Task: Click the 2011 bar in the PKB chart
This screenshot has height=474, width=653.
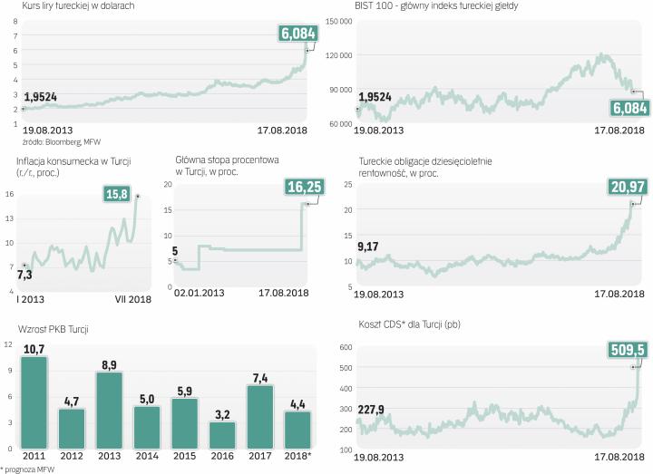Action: tap(34, 403)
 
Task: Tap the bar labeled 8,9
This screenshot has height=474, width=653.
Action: tap(110, 411)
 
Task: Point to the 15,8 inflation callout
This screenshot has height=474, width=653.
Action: tap(117, 194)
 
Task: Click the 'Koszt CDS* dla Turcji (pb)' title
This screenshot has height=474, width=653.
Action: tap(410, 324)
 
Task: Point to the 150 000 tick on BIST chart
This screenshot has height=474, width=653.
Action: tap(338, 22)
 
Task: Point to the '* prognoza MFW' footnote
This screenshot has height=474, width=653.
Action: tap(34, 469)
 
